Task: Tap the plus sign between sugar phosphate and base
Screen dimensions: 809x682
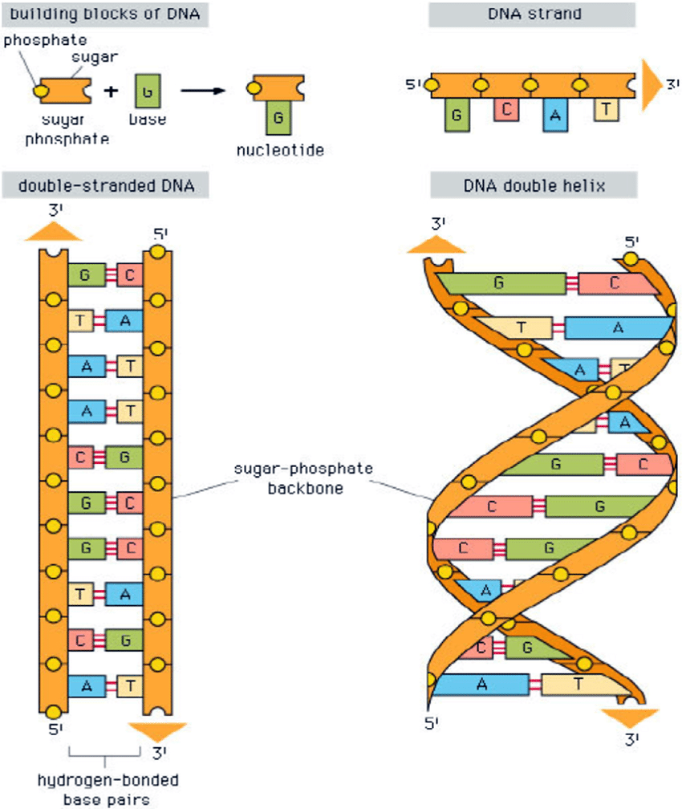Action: (112, 91)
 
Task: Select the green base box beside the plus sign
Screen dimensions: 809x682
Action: (145, 91)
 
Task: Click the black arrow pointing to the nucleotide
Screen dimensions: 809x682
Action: (201, 91)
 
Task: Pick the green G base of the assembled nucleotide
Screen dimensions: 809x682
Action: (278, 118)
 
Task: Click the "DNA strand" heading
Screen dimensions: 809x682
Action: (531, 14)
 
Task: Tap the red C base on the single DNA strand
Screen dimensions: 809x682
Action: (507, 109)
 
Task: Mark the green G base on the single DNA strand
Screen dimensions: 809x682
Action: (457, 116)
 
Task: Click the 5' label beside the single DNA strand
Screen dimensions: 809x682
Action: (414, 84)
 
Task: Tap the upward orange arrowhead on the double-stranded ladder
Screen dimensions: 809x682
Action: (53, 232)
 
